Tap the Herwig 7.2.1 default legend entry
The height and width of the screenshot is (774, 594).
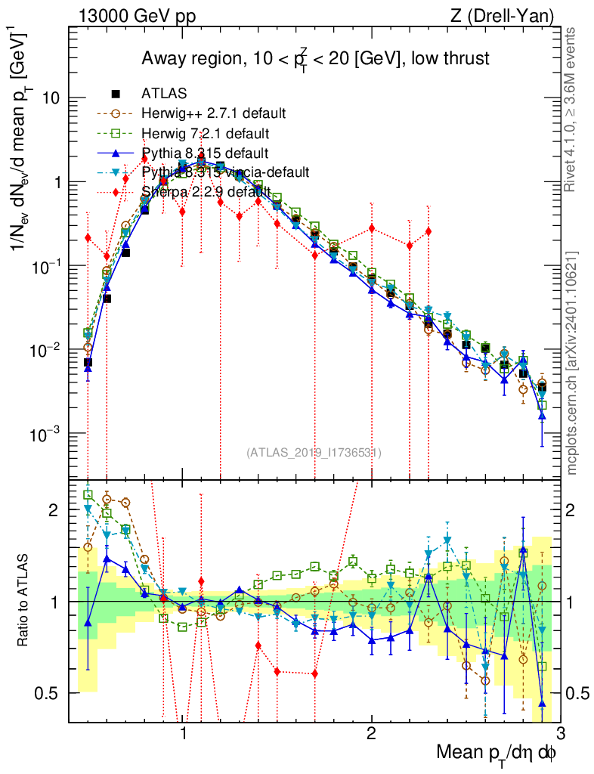(206, 133)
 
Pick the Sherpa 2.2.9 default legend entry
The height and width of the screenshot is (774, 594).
(205, 192)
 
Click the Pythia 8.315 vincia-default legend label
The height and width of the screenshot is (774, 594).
(225, 172)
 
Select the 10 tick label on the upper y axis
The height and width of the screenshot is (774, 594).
(51, 99)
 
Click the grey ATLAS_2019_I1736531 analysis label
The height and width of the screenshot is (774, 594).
(314, 453)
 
